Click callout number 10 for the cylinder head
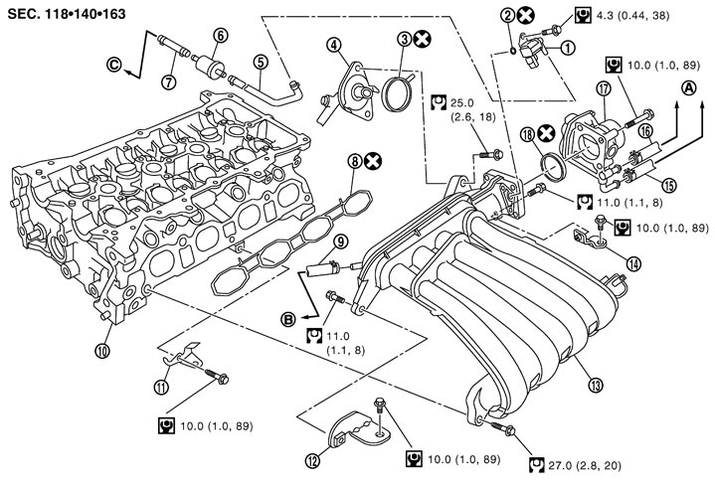pos(102,349)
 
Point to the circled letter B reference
pos(288,318)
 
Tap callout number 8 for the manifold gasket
pos(353,159)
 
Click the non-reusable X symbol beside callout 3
pos(423,40)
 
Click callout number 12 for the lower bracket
pos(314,459)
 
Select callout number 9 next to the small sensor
pos(340,241)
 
